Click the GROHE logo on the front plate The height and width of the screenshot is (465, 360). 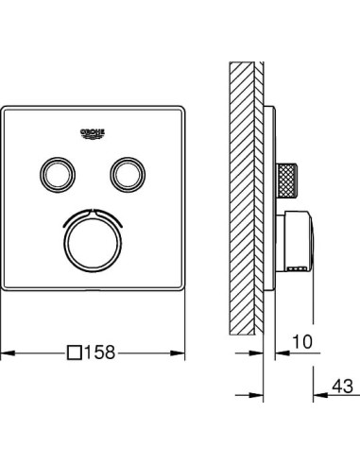tap(92, 131)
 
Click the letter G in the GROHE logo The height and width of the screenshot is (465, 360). tap(80, 129)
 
